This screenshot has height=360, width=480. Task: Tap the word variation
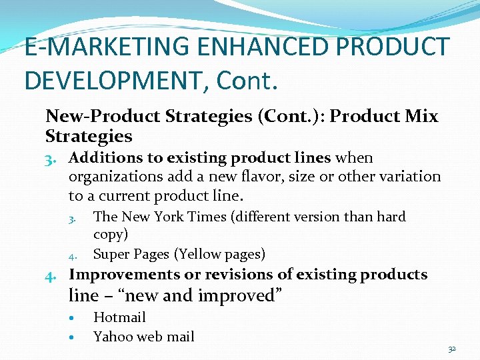pyautogui.click(x=408, y=177)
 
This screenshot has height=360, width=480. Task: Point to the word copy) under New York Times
pyautogui.click(x=111, y=235)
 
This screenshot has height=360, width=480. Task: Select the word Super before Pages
pyautogui.click(x=112, y=254)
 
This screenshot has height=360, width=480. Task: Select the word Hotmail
pyautogui.click(x=119, y=317)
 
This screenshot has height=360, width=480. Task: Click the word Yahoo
pyautogui.click(x=113, y=337)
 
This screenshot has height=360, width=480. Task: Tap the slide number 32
pyautogui.click(x=451, y=349)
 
